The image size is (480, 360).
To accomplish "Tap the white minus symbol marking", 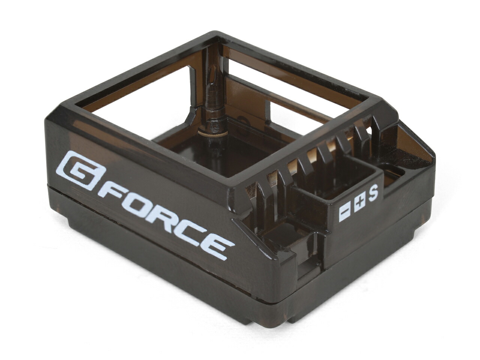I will tap(345, 213).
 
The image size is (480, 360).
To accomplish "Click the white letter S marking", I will tap(373, 193).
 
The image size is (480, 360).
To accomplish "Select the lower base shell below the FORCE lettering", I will tap(150, 259).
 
